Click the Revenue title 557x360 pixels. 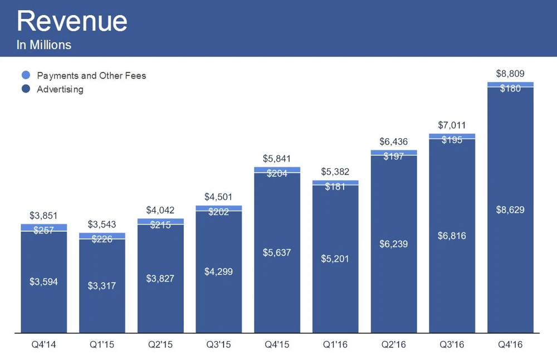[x=72, y=21]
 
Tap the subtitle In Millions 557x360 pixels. [x=44, y=45]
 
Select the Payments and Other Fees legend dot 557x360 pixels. [x=26, y=75]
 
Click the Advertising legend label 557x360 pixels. [x=60, y=89]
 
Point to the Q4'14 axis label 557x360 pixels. [x=43, y=345]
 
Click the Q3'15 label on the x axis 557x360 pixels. [x=218, y=345]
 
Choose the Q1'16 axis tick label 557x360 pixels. [x=335, y=345]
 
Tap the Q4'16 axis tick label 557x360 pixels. [x=510, y=345]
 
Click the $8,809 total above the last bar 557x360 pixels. [x=510, y=74]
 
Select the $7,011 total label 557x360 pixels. [x=452, y=125]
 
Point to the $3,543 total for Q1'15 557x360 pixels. [x=102, y=225]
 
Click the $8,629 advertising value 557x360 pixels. [x=510, y=210]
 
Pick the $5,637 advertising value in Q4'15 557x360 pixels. [x=277, y=252]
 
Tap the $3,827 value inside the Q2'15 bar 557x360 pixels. [x=160, y=278]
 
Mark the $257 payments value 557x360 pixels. [x=43, y=230]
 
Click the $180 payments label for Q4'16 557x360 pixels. [x=510, y=88]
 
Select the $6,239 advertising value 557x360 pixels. [x=394, y=244]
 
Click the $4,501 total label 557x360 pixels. [x=218, y=197]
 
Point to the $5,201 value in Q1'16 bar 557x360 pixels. [x=335, y=259]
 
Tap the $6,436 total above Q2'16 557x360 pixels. [x=394, y=142]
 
